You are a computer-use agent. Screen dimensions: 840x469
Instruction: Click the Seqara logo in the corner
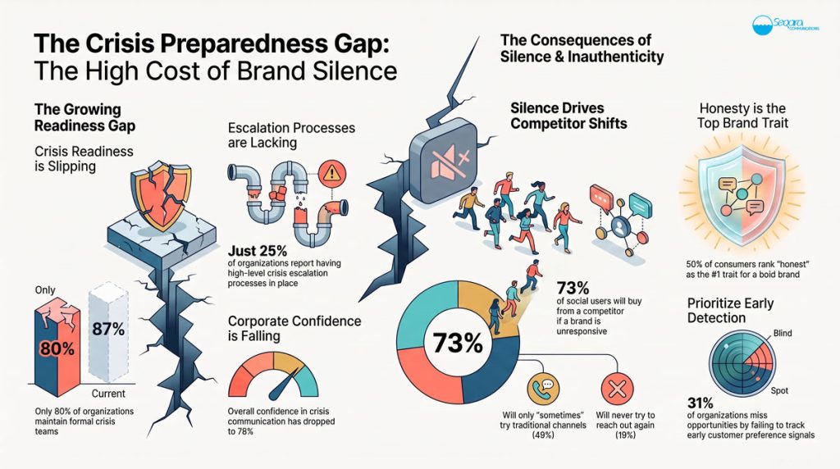[x=785, y=25]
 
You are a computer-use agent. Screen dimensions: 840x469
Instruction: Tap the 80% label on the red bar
[x=57, y=349]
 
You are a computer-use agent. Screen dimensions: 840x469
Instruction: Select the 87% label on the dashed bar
[x=108, y=329]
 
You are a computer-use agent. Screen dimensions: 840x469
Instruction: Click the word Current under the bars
[x=108, y=394]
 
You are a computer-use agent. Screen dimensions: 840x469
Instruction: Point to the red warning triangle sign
[x=332, y=173]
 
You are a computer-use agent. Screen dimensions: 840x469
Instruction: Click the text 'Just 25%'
[x=258, y=251]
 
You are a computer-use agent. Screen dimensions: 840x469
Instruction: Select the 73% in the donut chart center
[x=458, y=344]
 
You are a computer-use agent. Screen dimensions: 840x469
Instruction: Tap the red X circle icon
[x=617, y=389]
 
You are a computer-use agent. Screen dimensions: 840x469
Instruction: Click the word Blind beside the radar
[x=782, y=333]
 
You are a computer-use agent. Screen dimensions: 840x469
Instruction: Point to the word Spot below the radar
[x=779, y=391]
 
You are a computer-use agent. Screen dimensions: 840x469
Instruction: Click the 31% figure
[x=701, y=403]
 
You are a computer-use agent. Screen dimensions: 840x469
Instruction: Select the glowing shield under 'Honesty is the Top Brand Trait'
[x=742, y=195]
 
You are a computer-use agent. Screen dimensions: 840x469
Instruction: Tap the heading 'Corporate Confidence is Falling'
[x=294, y=328]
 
